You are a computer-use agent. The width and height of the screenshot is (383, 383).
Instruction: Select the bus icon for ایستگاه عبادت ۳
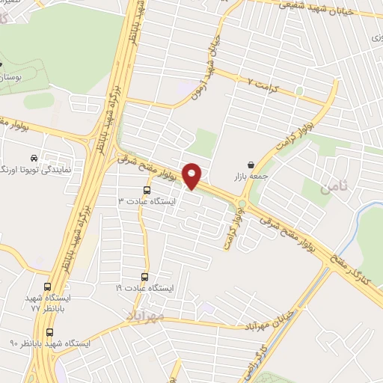coord(147,190)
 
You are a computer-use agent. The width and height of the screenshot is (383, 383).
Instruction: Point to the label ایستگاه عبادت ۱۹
coord(144,287)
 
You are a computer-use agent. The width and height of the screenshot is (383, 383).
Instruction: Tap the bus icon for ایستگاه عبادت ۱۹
coord(147,275)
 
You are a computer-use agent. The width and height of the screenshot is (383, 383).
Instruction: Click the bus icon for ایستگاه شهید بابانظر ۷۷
coord(49,287)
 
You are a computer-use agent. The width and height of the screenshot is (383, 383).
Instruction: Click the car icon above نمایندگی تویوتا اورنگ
coord(34,158)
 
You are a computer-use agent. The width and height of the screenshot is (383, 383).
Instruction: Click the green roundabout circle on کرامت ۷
coord(298,91)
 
